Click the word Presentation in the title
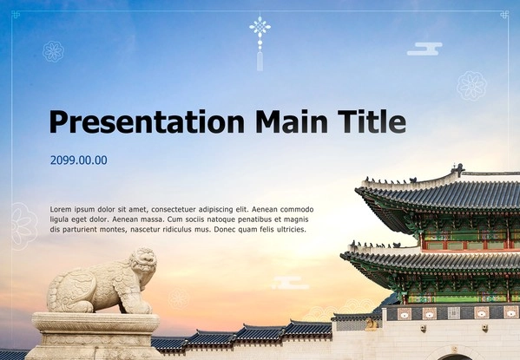click(147, 121)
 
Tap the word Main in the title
click(292, 121)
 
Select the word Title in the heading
click(372, 121)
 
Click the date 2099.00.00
click(79, 160)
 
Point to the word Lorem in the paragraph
click(61, 210)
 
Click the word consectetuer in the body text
click(173, 210)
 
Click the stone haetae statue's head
click(143, 259)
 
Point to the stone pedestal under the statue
click(95, 336)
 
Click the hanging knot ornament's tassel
click(260, 61)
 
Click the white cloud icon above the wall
click(290, 283)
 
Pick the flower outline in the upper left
click(54, 52)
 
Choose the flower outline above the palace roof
click(471, 86)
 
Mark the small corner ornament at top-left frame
click(16, 15)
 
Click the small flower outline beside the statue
click(179, 298)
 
